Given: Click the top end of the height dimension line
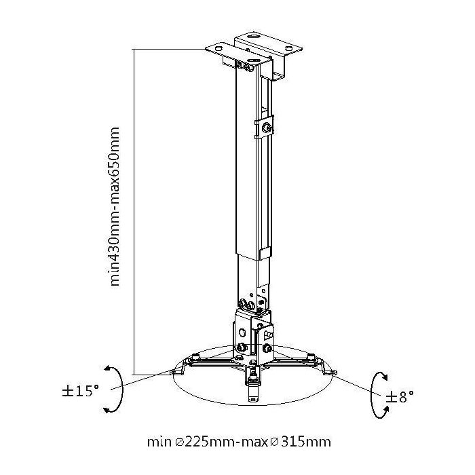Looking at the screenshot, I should pyautogui.click(x=134, y=49).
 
